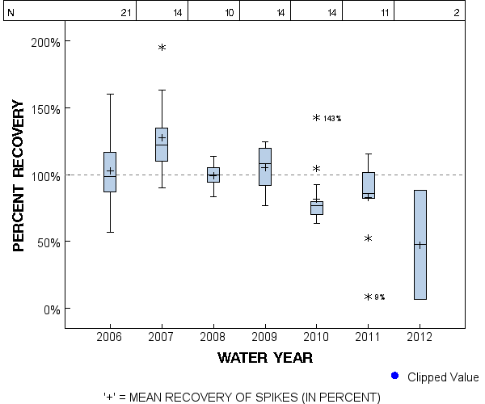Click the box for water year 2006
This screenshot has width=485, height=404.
click(110, 171)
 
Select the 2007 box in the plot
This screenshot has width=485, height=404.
click(162, 145)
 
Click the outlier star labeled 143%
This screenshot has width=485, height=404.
click(317, 118)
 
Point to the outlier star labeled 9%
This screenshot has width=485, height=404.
click(368, 297)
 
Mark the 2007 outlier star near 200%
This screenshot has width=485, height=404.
click(162, 48)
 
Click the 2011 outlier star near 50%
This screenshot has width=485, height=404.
click(368, 239)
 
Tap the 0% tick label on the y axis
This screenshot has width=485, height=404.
click(50, 309)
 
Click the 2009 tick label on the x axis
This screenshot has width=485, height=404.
click(264, 336)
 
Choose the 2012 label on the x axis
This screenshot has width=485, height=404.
click(420, 336)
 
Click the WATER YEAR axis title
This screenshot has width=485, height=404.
click(264, 357)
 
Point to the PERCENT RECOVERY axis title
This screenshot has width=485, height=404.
click(20, 175)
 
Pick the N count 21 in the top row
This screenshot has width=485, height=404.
click(125, 13)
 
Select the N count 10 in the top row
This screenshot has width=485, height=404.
click(230, 13)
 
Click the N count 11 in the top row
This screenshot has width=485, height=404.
click(385, 13)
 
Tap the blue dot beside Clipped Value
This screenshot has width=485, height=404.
click(394, 376)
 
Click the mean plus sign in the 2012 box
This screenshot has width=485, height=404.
click(420, 245)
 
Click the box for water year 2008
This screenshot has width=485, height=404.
click(213, 175)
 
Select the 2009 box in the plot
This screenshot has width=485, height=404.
click(264, 166)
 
